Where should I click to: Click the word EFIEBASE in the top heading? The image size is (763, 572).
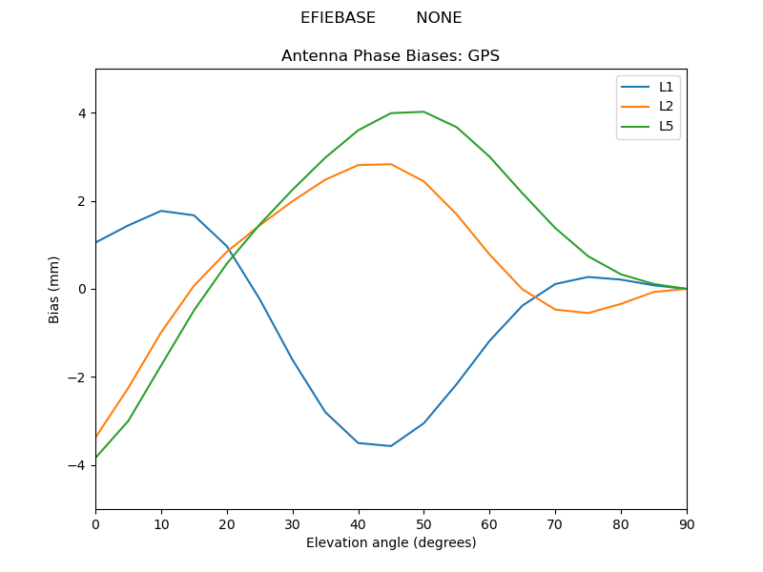(x=338, y=18)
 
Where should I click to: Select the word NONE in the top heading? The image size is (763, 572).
(x=439, y=18)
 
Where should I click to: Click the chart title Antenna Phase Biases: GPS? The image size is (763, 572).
(x=390, y=56)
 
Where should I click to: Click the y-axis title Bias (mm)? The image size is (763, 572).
(x=54, y=289)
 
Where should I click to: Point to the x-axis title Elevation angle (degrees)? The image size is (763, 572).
(x=390, y=543)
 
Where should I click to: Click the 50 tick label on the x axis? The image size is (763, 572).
(x=423, y=523)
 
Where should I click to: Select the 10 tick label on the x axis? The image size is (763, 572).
(x=161, y=523)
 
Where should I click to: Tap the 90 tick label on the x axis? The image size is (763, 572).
(x=687, y=523)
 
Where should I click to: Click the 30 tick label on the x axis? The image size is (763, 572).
(x=293, y=523)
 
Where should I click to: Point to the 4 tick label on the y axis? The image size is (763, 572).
(x=81, y=113)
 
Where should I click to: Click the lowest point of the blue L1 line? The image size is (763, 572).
(x=391, y=446)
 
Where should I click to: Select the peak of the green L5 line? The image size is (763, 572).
(x=423, y=112)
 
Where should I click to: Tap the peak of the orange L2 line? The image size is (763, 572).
(x=391, y=164)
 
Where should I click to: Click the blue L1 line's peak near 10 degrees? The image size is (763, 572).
(x=161, y=211)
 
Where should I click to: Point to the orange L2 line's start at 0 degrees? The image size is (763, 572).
(x=96, y=437)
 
